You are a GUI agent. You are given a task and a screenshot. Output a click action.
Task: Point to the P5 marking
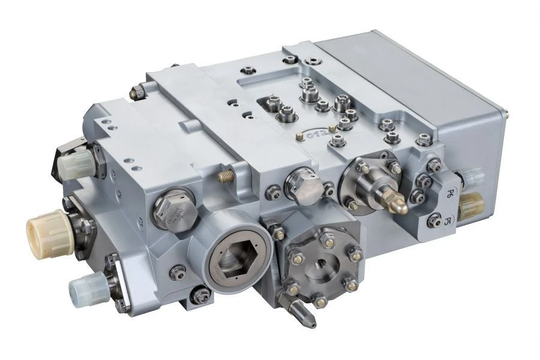[447, 221]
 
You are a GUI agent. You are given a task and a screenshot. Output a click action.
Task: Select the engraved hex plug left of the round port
[173, 210]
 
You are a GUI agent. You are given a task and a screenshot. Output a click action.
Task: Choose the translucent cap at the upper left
[76, 160]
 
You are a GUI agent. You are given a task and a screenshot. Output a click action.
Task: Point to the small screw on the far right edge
[507, 111]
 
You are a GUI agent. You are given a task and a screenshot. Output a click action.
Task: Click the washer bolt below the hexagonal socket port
[203, 295]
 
